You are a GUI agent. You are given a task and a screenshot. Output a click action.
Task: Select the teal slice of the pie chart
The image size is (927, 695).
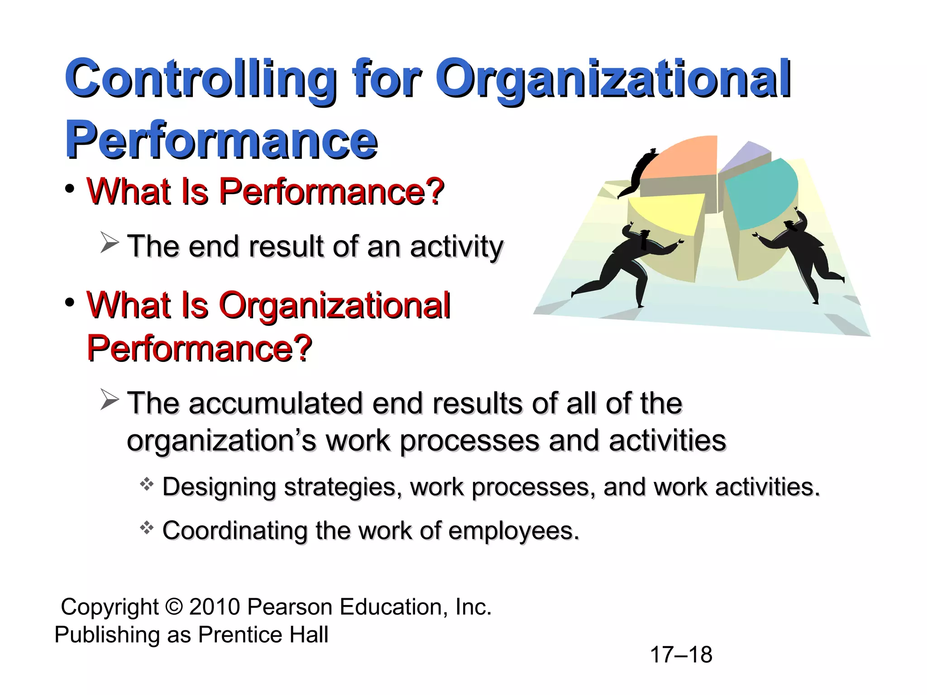[x=760, y=192]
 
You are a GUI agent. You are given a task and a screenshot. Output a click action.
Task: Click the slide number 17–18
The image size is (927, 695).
[x=681, y=655]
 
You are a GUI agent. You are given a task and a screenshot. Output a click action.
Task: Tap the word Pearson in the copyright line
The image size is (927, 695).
[x=291, y=607]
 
